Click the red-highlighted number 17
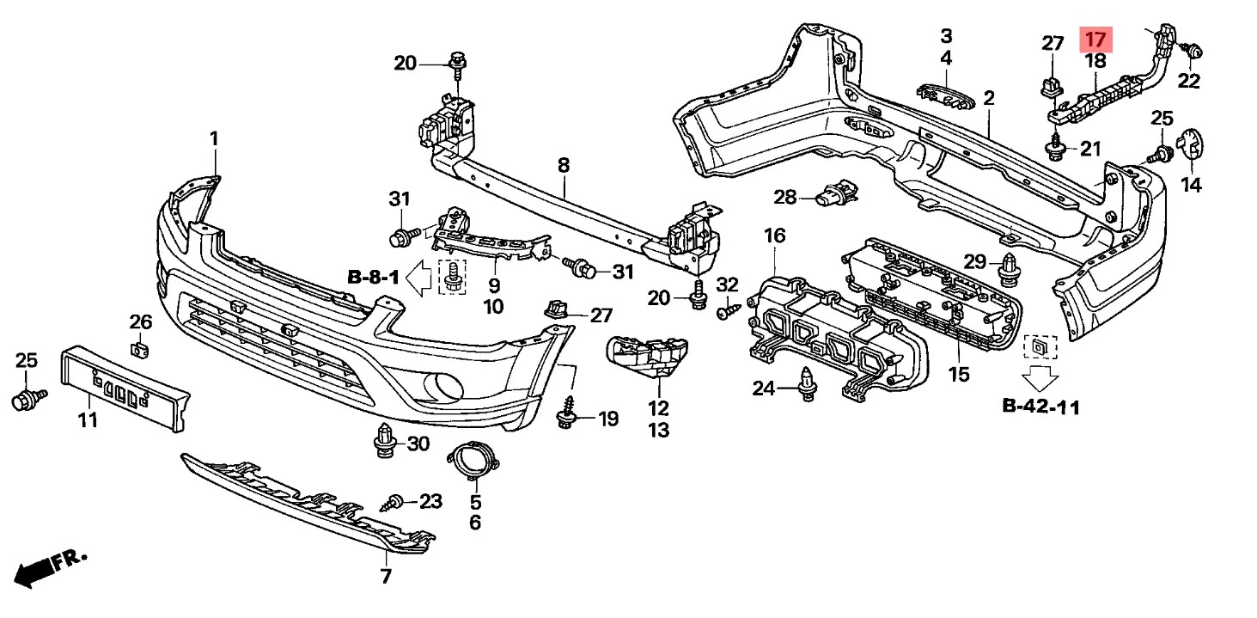[1095, 40]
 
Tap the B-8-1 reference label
[373, 277]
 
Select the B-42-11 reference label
[1041, 407]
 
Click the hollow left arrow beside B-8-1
[418, 278]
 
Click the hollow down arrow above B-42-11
[1040, 378]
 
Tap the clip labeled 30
[384, 441]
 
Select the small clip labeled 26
[140, 350]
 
